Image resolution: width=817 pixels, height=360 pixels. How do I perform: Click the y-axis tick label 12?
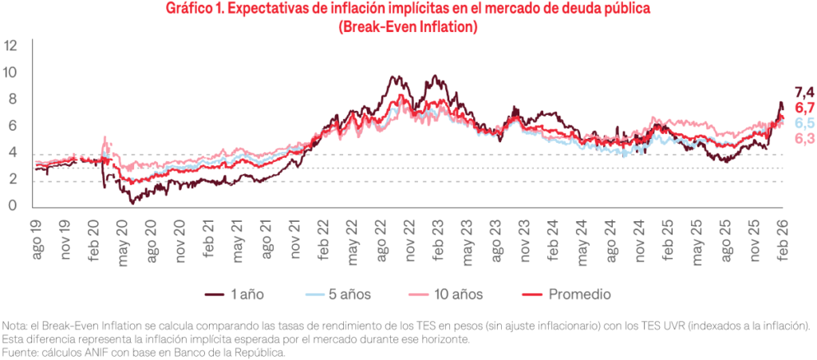pos(11,45)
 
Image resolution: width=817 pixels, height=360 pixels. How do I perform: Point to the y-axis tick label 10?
pos(11,73)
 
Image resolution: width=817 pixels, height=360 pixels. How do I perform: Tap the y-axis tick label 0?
pos(13,207)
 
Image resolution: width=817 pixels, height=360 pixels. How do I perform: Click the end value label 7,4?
pos(803,93)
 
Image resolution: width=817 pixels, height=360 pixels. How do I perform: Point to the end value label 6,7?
pos(804,109)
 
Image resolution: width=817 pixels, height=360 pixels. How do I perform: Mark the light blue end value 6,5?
pos(804,124)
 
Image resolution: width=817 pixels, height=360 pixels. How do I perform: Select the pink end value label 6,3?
pos(804,140)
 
